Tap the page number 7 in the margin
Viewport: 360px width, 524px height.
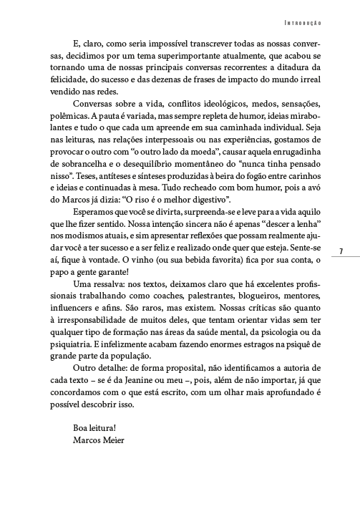pos(342,251)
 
